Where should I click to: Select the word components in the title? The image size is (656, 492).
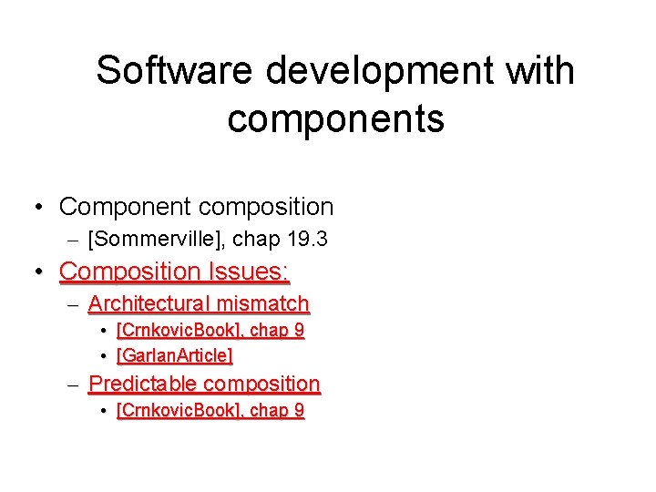click(335, 118)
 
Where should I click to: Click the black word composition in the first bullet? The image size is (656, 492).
click(265, 208)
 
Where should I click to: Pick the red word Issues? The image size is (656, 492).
click(248, 272)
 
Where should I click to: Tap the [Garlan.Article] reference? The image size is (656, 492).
click(174, 355)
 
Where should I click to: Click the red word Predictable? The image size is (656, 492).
click(140, 384)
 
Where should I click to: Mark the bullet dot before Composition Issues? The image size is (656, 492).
click(38, 272)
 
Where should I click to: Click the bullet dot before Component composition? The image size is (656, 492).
click(38, 208)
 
